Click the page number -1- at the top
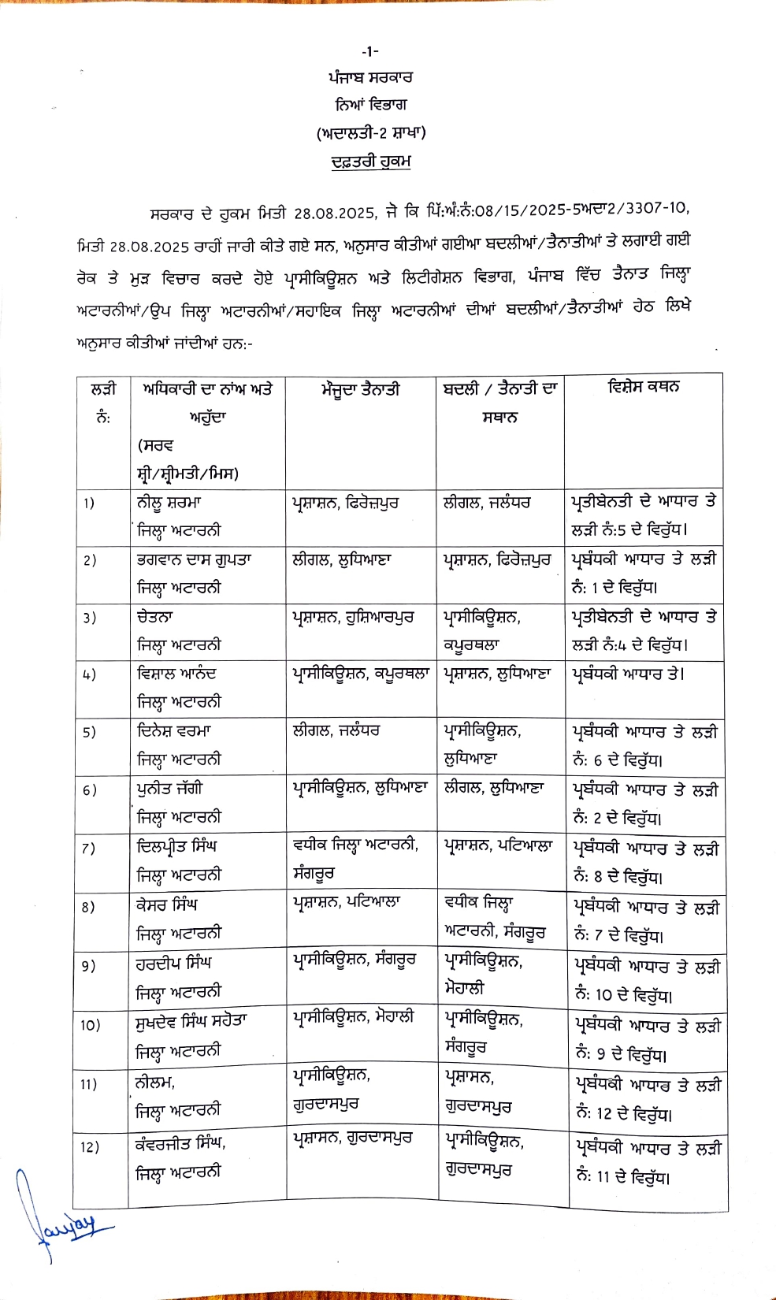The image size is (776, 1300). pos(370,51)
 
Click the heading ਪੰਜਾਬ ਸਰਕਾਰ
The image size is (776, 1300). pos(370,78)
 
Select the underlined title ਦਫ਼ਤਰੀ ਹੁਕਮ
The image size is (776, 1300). pos(370,162)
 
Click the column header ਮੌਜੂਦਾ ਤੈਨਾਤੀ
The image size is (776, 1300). pos(360,389)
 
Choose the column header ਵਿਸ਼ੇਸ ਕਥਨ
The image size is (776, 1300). pos(644,387)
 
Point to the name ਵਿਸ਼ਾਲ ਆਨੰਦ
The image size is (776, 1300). pos(176,674)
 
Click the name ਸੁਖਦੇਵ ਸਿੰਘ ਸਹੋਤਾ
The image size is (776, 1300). pos(191,1022)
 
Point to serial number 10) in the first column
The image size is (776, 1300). pos(90,1024)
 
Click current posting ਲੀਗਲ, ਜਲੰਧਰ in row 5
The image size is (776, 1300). pos(336,731)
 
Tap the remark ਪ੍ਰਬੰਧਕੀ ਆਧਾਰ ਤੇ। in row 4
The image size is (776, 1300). pos(628,674)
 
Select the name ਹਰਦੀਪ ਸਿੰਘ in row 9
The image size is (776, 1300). pos(174,964)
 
